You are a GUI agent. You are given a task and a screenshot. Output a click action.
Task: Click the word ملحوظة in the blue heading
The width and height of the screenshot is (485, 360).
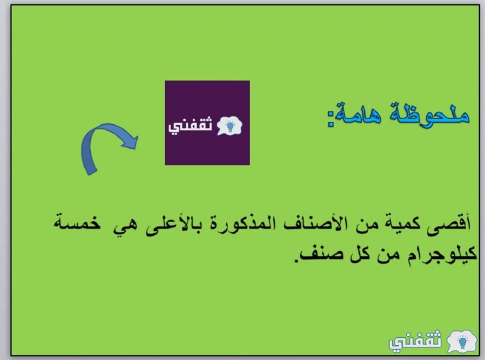pos(430,114)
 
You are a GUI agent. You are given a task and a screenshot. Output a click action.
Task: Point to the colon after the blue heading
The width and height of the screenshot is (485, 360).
pos(331,119)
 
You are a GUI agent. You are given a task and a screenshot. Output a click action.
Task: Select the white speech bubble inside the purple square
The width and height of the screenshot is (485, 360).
pos(229,126)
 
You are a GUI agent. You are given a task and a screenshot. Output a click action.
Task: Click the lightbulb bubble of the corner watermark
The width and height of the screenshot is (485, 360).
pos(462,342)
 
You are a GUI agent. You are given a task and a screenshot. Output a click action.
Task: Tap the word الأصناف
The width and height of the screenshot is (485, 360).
pos(312,224)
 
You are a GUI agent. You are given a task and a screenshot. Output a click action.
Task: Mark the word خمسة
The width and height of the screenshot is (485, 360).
pos(77,222)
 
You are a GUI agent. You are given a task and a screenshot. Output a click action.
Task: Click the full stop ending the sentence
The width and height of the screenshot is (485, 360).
pos(296,261)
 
